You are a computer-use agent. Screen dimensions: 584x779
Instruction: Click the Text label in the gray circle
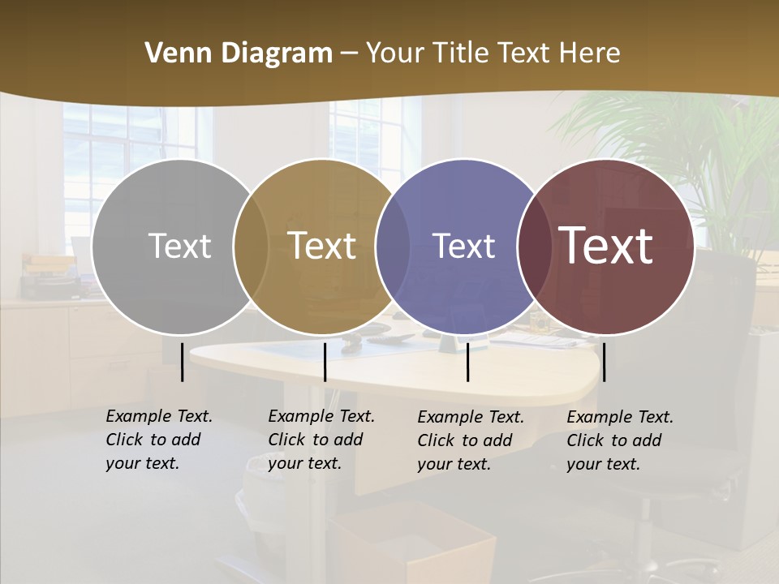179,246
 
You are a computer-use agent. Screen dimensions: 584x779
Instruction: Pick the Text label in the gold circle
322,246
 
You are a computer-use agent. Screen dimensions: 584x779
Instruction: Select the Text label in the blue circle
464,246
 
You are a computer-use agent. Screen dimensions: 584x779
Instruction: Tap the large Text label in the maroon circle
606,246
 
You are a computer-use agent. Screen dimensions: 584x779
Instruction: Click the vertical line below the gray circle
182,362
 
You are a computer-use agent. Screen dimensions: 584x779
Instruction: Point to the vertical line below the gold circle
325,362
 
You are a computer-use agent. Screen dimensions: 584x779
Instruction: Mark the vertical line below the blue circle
467,362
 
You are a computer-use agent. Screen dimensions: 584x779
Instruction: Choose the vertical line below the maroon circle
604,362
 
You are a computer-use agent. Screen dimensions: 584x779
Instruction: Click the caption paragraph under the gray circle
159,440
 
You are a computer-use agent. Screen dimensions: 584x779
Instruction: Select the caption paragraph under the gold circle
321,440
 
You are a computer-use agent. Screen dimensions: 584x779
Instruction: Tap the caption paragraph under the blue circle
471,440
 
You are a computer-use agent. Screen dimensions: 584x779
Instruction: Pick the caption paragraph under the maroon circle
620,440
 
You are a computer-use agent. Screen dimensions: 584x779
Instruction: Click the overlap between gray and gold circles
251,247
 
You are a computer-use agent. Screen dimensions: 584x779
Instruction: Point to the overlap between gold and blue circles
393,247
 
